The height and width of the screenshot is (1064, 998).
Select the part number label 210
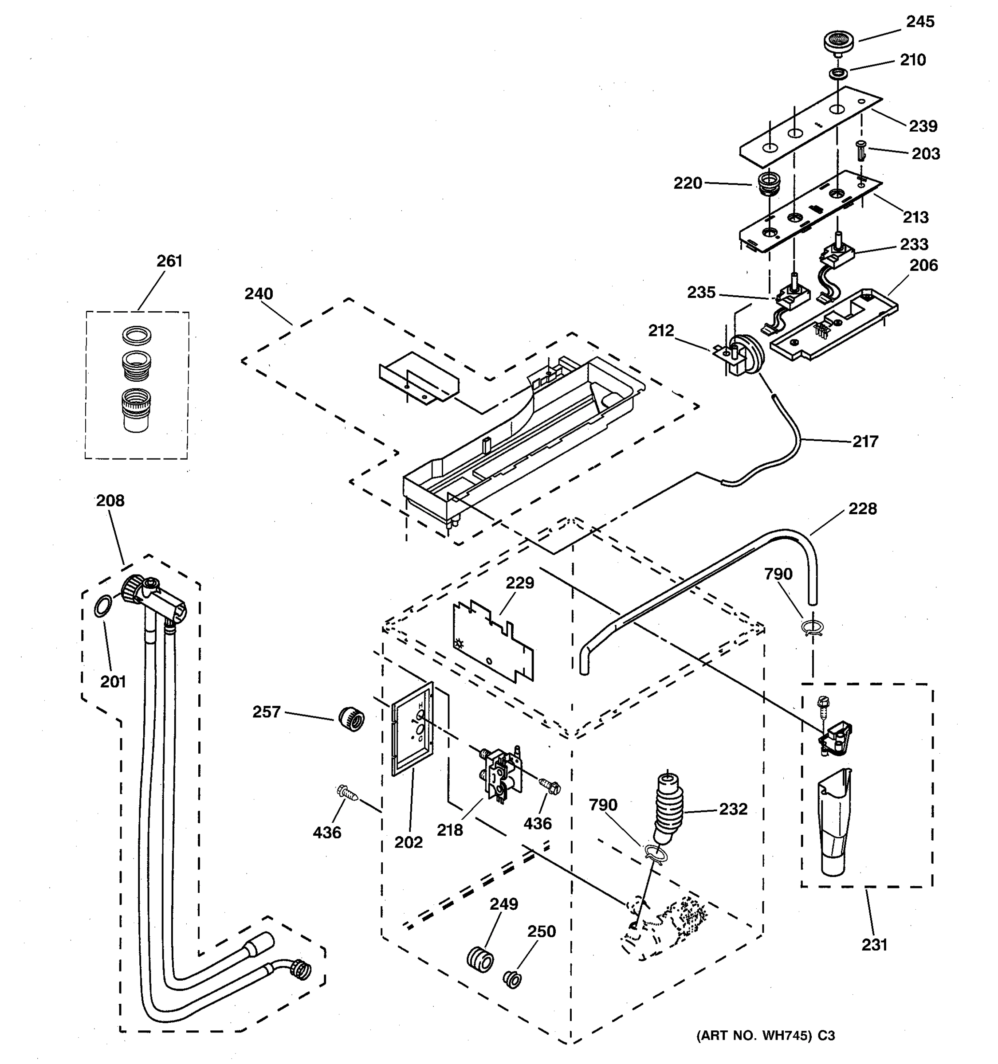(913, 60)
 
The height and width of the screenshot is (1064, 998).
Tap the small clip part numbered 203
(861, 150)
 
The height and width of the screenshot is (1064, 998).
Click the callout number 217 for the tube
(865, 442)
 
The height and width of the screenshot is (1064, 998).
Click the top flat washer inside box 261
(137, 336)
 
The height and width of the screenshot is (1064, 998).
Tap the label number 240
(259, 294)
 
